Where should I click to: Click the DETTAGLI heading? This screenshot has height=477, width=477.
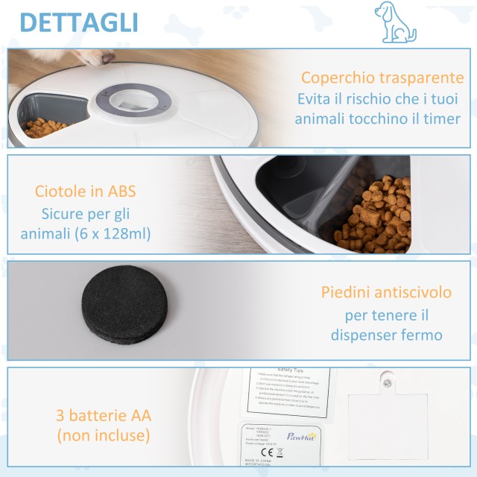point(78,22)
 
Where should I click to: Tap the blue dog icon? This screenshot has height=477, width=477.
point(394,22)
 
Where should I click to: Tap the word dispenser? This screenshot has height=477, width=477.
point(368,335)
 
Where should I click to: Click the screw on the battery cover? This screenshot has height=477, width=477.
point(386,382)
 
